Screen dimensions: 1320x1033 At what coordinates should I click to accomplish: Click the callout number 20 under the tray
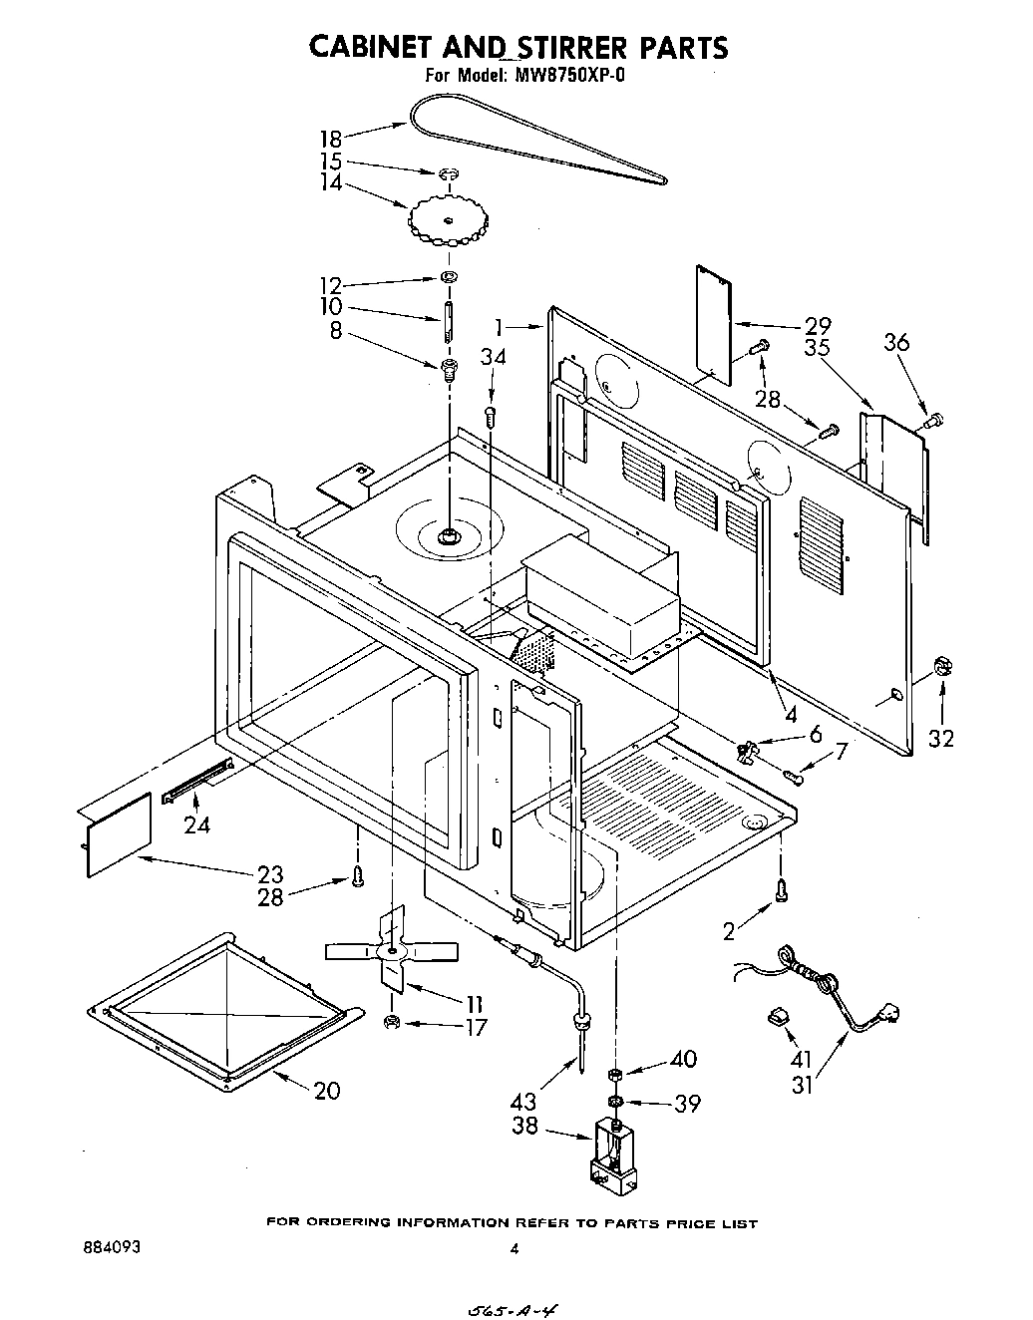click(x=326, y=1090)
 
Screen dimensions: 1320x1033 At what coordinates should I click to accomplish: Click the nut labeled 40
click(x=616, y=1074)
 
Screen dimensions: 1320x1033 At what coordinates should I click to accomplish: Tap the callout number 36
click(x=896, y=342)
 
